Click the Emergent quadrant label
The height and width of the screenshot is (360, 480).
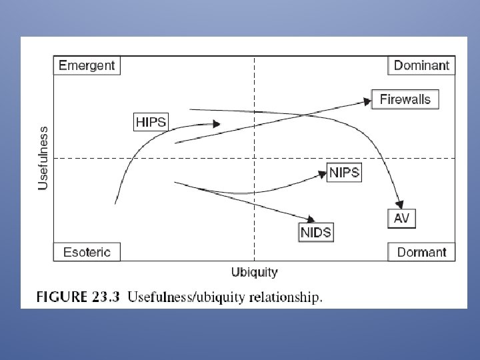click(x=87, y=65)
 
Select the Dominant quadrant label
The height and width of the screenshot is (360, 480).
click(x=421, y=65)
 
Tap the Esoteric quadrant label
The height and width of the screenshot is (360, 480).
click(x=87, y=252)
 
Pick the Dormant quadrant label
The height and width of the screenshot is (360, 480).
click(x=421, y=252)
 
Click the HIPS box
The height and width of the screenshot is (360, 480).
click(x=151, y=122)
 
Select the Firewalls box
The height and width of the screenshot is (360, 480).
click(x=405, y=100)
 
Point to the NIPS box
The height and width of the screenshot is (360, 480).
click(x=345, y=173)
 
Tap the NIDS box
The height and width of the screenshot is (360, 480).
click(x=315, y=232)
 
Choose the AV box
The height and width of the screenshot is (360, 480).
click(x=401, y=218)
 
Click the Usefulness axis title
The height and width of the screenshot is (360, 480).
click(x=43, y=158)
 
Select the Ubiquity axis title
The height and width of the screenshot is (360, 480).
click(x=254, y=272)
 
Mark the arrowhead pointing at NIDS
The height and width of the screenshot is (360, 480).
click(x=310, y=219)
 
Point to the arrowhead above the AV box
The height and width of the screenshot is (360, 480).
click(x=400, y=201)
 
